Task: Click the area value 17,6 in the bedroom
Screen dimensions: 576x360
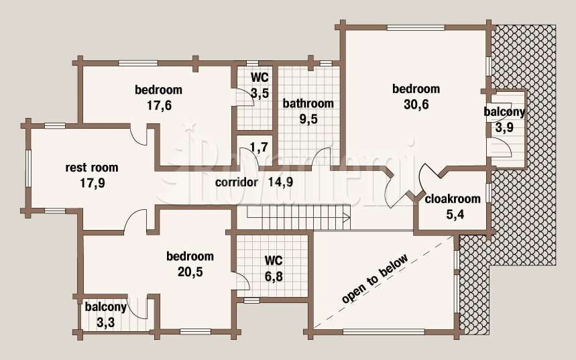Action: (159, 106)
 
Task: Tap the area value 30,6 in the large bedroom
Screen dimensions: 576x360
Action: (416, 105)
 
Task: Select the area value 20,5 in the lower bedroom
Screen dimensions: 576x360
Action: (190, 272)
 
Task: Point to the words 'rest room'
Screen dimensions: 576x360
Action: (92, 168)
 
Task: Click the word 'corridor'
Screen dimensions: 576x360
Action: (237, 182)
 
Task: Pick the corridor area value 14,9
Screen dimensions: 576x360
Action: (281, 182)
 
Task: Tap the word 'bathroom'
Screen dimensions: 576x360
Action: (308, 103)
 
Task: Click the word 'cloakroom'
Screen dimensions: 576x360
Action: (453, 198)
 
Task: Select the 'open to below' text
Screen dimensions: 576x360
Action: (375, 279)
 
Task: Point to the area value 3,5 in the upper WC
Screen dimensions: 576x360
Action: (260, 93)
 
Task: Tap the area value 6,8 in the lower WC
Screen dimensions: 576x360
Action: (274, 276)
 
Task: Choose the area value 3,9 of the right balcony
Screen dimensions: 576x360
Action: (504, 128)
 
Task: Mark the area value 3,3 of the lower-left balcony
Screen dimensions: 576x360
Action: (106, 323)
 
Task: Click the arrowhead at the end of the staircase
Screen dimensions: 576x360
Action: (347, 218)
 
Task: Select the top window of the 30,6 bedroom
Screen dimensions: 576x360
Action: (416, 27)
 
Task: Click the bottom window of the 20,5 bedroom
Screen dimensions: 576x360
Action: (195, 332)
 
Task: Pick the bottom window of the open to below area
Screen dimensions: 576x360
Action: (384, 332)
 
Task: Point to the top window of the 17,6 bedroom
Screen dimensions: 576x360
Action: (138, 63)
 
